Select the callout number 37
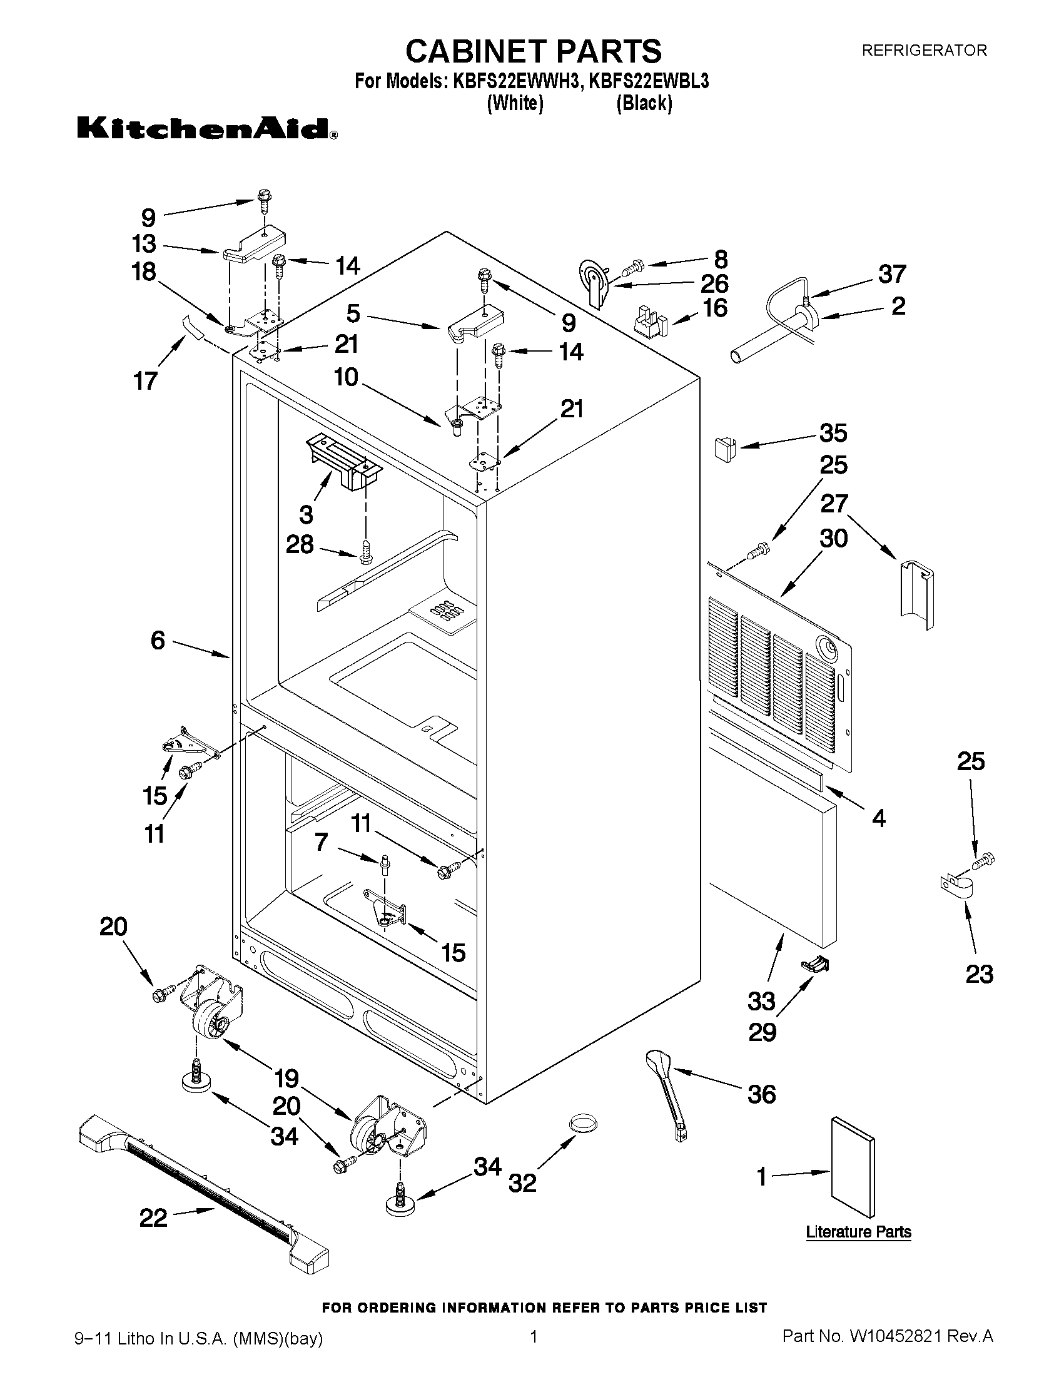pos(891,273)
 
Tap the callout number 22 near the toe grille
pos(153,1217)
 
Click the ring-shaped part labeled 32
pos(583,1123)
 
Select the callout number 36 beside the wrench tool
pos(761,1094)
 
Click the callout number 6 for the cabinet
pos(158,641)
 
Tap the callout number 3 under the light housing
pos(306,514)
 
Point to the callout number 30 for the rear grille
pos(833,539)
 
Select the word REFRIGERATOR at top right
pos(923,51)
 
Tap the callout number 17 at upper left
pos(146,381)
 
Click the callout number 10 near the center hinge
pos(346,377)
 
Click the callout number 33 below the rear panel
pos(761,1000)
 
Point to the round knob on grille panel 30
pos(826,646)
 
